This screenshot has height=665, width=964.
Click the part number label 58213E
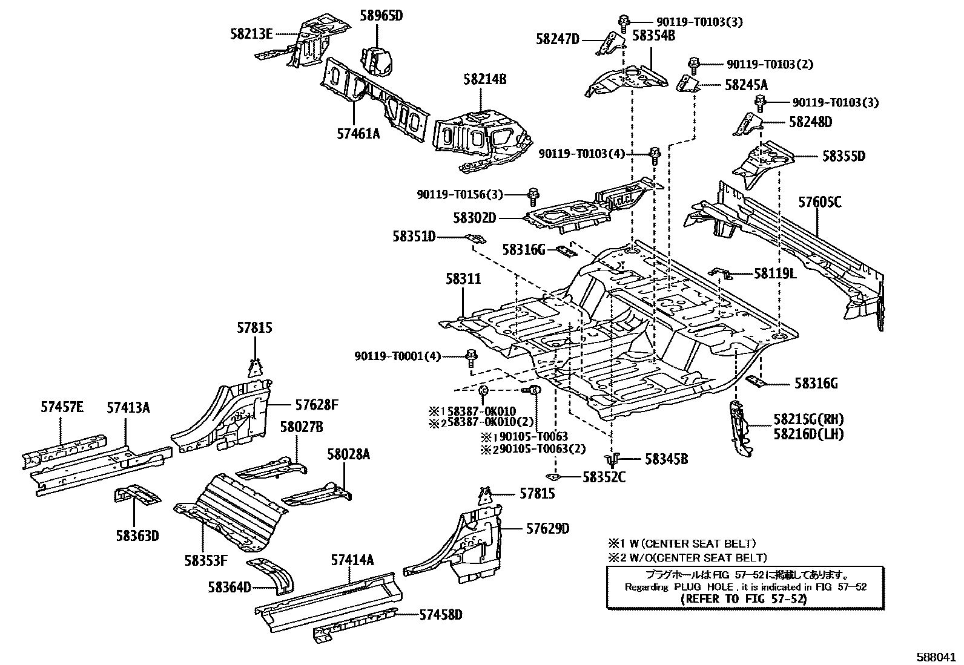point(251,34)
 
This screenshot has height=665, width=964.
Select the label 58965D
point(381,16)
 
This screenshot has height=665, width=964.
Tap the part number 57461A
point(358,134)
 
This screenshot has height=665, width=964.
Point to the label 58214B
point(485,79)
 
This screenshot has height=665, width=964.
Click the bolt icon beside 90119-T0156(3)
point(533,195)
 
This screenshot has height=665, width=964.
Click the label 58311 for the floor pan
point(463,279)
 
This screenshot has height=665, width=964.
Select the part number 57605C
point(819,203)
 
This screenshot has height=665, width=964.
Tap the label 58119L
point(775,274)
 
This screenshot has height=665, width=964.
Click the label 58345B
point(666,460)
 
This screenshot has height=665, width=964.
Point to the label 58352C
point(604,477)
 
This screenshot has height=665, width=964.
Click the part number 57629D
point(547,529)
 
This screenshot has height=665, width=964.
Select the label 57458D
point(441,615)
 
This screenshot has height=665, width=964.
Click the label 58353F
point(206,560)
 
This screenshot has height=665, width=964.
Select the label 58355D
point(843,156)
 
